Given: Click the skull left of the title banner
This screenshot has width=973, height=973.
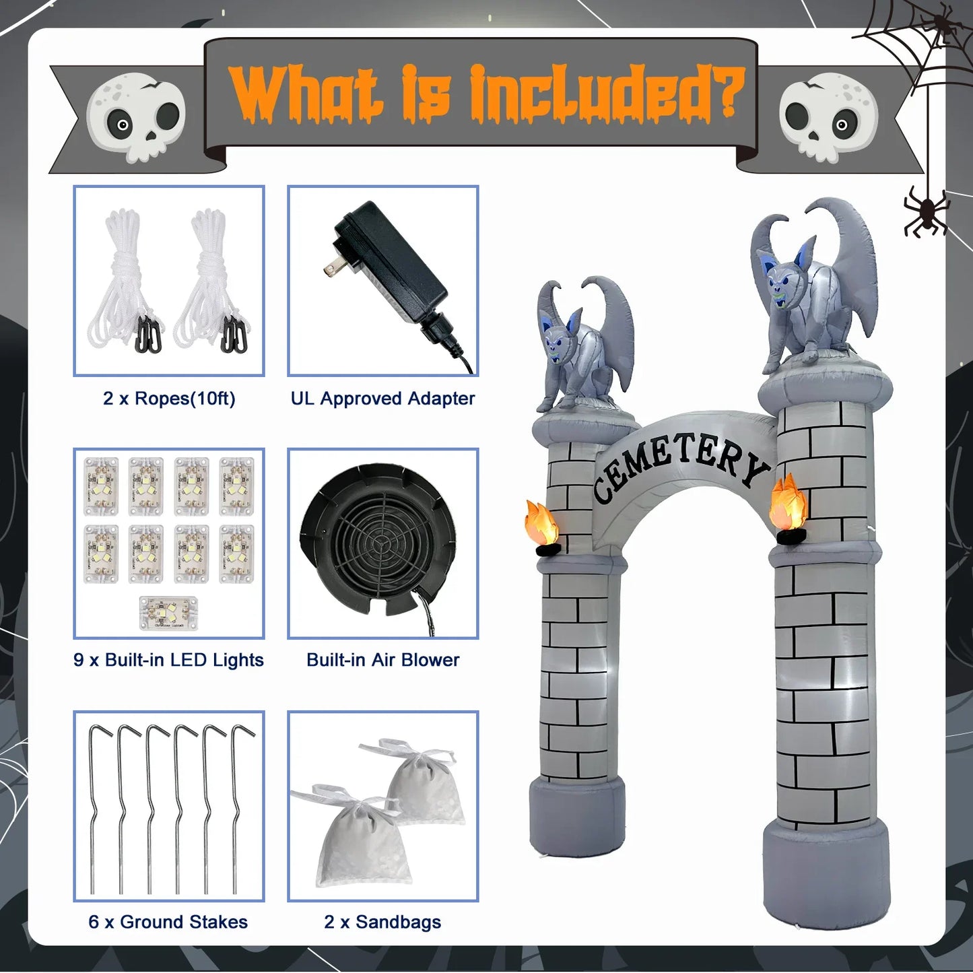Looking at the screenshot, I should coord(136,119).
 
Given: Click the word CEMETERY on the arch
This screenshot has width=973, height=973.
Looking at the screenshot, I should coord(680,465).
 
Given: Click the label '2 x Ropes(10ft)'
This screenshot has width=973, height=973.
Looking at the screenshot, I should coord(169,399).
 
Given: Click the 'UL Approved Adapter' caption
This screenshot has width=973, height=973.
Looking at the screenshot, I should coord(382,399).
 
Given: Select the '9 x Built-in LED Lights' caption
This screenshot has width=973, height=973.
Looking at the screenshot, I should coord(168,660).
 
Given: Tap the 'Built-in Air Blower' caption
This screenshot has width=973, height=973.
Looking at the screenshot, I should coord(382,660).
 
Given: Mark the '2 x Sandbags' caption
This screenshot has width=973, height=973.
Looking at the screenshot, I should coord(382,922).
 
